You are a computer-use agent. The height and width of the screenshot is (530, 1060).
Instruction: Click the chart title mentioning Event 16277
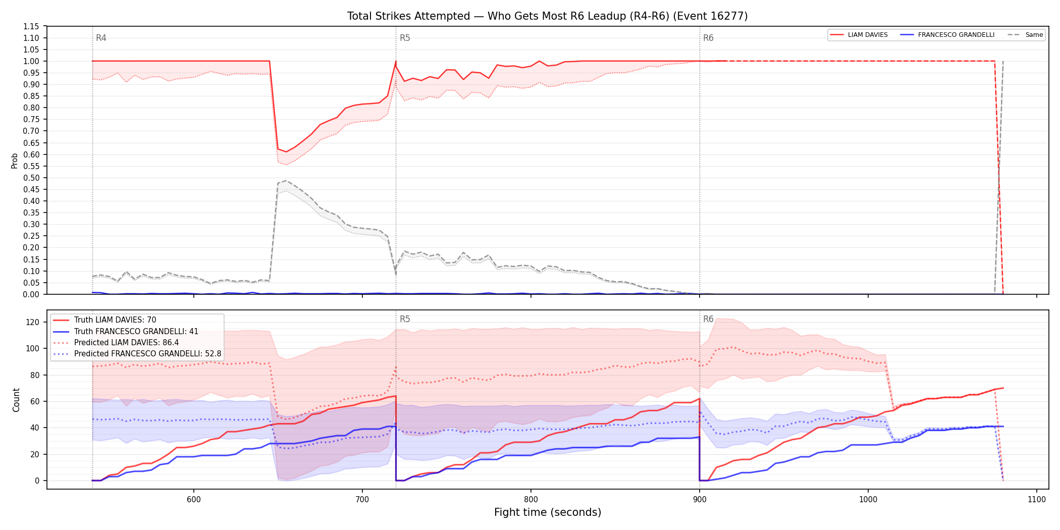coord(547,16)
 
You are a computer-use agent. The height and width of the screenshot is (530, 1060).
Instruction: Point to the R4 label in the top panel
coord(101,38)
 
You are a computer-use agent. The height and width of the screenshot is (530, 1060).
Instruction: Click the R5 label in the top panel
coord(405,38)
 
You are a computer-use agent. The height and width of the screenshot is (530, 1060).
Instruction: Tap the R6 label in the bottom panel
coord(708,319)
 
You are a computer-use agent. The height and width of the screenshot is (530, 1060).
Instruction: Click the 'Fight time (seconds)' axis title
coord(548,512)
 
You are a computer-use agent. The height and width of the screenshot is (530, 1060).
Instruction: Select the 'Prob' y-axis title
coord(15,161)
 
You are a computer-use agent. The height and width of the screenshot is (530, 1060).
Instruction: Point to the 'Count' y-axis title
coord(16,400)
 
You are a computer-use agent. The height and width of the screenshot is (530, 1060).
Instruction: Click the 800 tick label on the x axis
coord(531,499)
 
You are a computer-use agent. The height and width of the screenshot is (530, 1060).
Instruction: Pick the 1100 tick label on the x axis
coord(1036,499)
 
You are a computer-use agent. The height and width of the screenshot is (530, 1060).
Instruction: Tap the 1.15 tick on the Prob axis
coord(31,26)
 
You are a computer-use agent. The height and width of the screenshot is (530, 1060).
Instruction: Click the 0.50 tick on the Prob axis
coord(31,178)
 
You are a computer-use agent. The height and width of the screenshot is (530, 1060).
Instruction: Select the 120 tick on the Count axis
coord(33,322)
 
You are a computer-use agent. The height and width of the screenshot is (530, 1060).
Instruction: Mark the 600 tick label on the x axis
coord(193,499)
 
